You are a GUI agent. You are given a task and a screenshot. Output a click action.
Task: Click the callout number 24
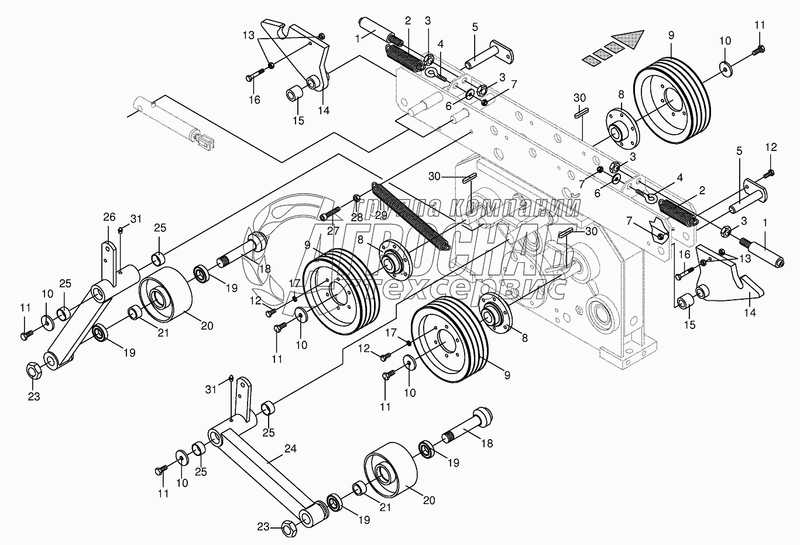coord(291,450)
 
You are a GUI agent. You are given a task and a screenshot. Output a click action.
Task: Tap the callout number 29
coord(381,215)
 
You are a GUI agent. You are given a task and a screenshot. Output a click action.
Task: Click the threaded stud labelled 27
coord(331,213)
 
